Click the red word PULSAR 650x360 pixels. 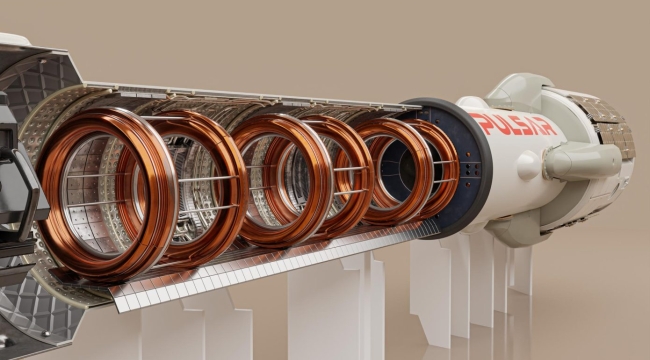point(513,124)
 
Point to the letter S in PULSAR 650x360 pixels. point(519,125)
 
